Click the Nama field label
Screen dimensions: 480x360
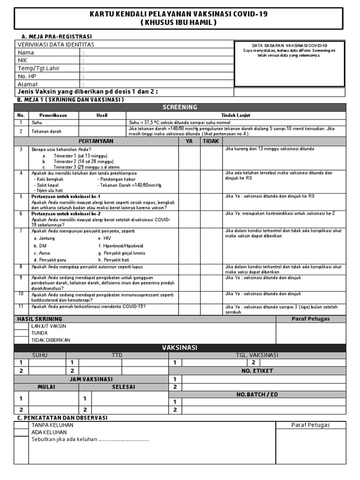pyautogui.click(x=26, y=52)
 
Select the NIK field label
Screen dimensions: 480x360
pyautogui.click(x=22, y=60)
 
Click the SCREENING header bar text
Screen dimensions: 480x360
pyautogui.click(x=180, y=107)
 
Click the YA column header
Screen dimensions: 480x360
pyautogui.click(x=189, y=140)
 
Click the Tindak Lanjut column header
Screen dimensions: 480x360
pyautogui.click(x=236, y=115)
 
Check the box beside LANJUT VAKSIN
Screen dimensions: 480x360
pyautogui.click(x=21, y=326)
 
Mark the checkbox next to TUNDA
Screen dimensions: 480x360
pyautogui.click(x=21, y=333)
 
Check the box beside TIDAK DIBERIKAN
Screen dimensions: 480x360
pyautogui.click(x=21, y=340)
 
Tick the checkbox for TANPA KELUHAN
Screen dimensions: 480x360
pyautogui.click(x=21, y=425)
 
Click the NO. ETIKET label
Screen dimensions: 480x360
pyautogui.click(x=257, y=371)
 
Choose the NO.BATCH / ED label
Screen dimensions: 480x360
pyautogui.click(x=257, y=394)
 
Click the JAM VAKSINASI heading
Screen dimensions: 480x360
pyautogui.click(x=91, y=379)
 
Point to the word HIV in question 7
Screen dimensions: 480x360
pyautogui.click(x=108, y=238)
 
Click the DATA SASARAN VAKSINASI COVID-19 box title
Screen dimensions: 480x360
pyautogui.click(x=289, y=45)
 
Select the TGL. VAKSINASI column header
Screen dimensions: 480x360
pyautogui.click(x=257, y=355)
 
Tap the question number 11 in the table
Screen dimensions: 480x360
pyautogui.click(x=21, y=306)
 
